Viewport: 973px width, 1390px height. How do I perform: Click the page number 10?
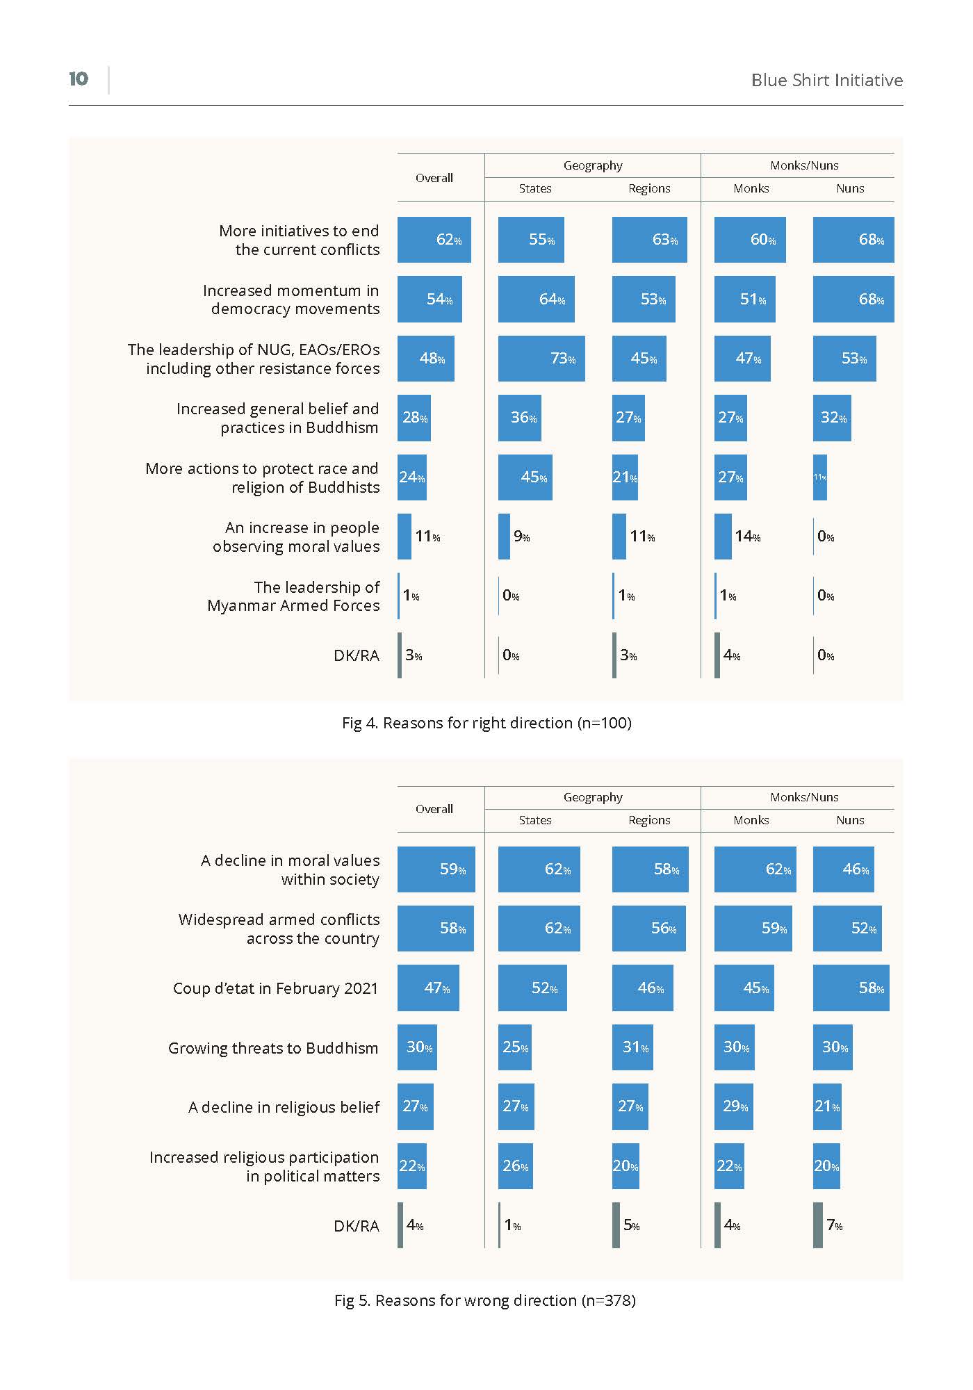pyautogui.click(x=79, y=79)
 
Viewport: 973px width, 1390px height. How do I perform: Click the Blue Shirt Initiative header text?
pyautogui.click(x=827, y=80)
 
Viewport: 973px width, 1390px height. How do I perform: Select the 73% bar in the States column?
pyautogui.click(x=541, y=359)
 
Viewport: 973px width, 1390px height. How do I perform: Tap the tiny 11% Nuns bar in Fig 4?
pyautogui.click(x=820, y=477)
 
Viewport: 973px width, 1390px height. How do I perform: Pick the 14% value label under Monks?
pyautogui.click(x=748, y=537)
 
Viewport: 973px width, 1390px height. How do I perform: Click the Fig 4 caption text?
pyautogui.click(x=486, y=723)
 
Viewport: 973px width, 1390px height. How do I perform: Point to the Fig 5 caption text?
pyautogui.click(x=485, y=1300)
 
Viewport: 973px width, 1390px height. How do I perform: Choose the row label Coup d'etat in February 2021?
pyautogui.click(x=276, y=988)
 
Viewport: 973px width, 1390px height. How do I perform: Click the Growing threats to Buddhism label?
pyautogui.click(x=273, y=1048)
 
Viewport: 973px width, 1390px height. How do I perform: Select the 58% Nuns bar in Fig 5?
pyautogui.click(x=851, y=988)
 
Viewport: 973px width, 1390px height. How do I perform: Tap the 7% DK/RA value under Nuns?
pyautogui.click(x=835, y=1225)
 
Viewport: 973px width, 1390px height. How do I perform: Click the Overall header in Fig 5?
pyautogui.click(x=434, y=809)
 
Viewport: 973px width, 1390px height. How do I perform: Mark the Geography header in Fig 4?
pyautogui.click(x=593, y=165)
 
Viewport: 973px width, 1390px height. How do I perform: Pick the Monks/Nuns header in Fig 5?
pyautogui.click(x=804, y=797)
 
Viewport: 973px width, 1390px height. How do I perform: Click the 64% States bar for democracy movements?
pyautogui.click(x=537, y=299)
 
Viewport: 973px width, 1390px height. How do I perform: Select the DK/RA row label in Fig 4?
pyautogui.click(x=357, y=655)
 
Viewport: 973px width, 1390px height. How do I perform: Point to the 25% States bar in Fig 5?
pyautogui.click(x=515, y=1047)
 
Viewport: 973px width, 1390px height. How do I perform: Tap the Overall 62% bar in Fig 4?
pyautogui.click(x=434, y=240)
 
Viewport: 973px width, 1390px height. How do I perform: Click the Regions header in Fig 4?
pyautogui.click(x=649, y=188)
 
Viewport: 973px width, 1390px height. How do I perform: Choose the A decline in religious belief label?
pyautogui.click(x=284, y=1107)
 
